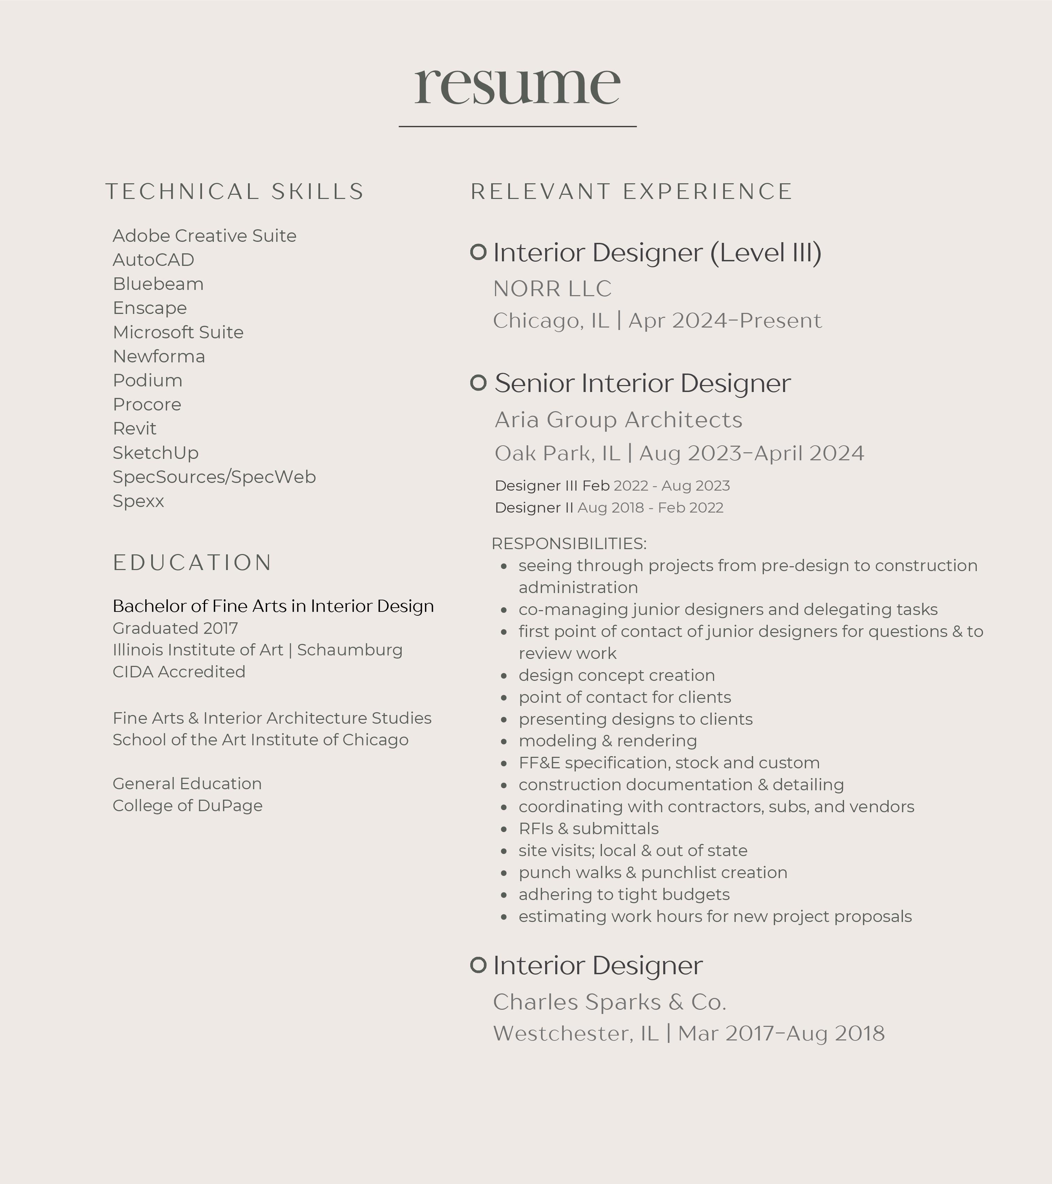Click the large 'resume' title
tap(517, 85)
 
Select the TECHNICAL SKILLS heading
tap(234, 192)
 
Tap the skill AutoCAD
tap(153, 260)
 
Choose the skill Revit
tap(134, 429)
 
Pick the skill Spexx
tap(138, 501)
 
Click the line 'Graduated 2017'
tap(175, 629)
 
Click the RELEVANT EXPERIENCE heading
tap(631, 192)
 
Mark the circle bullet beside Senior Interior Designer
tap(478, 383)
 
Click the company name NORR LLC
tap(552, 289)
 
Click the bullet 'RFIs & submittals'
tap(588, 829)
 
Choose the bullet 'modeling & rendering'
tap(608, 741)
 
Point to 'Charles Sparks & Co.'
tap(609, 1002)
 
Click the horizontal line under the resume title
tap(518, 126)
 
